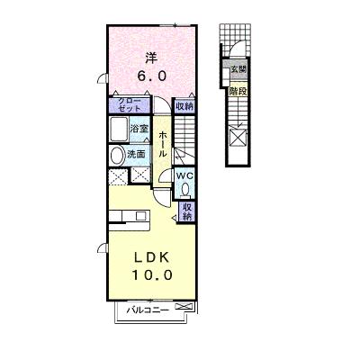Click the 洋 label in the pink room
(151, 58)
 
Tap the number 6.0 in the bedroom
(152, 76)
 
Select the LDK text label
(151, 257)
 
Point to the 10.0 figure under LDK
(152, 274)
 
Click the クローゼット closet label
(130, 104)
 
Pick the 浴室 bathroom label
(139, 129)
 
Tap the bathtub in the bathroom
(119, 130)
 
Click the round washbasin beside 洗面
(117, 156)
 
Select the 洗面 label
(136, 154)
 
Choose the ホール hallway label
(162, 145)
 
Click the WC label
(185, 175)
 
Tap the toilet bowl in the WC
(185, 189)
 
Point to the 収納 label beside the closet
(184, 106)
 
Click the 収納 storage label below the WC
(187, 211)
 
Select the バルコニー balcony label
(147, 310)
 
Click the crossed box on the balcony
(184, 307)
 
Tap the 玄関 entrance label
(238, 69)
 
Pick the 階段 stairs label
(238, 91)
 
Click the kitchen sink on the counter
(140, 216)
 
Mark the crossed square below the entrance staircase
(238, 138)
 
